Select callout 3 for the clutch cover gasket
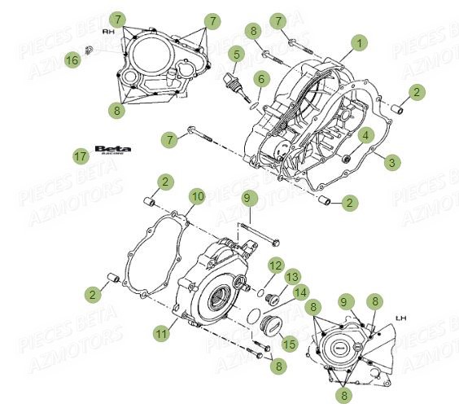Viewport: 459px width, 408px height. point(392,163)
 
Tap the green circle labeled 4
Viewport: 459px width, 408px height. point(367,135)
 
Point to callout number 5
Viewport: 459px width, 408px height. point(237,55)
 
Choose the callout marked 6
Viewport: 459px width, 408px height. point(260,79)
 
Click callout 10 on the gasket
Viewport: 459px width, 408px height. point(197,196)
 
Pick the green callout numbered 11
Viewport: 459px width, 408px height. point(160,332)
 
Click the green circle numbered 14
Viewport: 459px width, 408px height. point(300,292)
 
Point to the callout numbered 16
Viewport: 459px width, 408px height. point(72,59)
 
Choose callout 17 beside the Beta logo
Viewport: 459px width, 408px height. point(80,156)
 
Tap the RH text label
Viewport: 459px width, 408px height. point(107,30)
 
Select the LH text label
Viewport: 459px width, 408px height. point(400,318)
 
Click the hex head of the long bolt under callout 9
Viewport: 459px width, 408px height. point(273,242)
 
